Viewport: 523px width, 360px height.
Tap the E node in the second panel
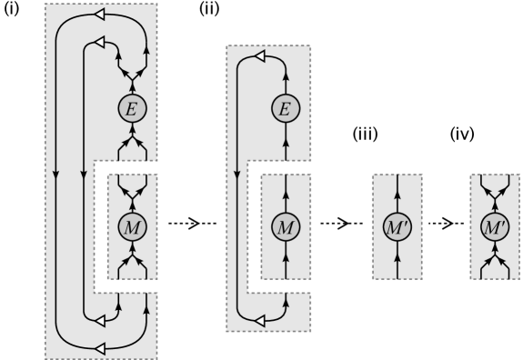pos(285,109)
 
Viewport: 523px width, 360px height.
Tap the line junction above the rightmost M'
pos(495,194)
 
